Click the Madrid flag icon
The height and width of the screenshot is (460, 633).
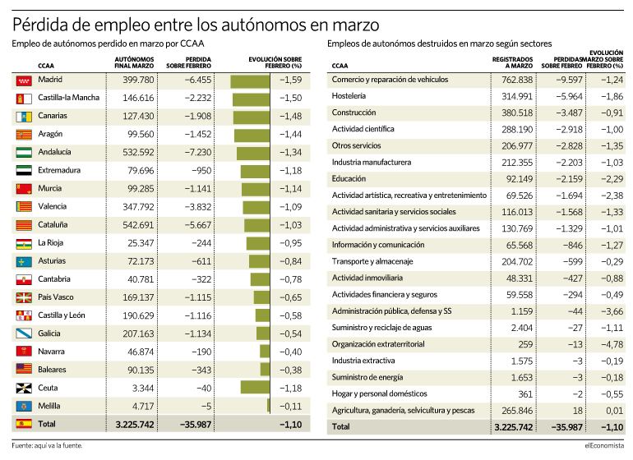[x=24, y=80]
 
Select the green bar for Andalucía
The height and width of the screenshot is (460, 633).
[x=253, y=154]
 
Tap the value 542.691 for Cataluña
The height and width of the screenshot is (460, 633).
[x=138, y=225]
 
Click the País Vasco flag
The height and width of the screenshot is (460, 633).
[x=24, y=298]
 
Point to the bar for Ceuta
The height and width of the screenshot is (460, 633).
[x=255, y=387]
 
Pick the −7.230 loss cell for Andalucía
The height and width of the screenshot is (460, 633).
[x=198, y=153]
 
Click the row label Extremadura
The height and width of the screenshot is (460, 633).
[x=59, y=170]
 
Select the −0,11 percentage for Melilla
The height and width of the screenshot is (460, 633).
[x=290, y=407]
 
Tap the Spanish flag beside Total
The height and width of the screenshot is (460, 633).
[x=24, y=424]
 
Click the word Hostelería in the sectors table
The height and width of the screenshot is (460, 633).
[x=349, y=96]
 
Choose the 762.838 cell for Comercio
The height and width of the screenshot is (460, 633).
[x=517, y=80]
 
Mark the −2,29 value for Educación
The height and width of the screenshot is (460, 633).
[x=612, y=179]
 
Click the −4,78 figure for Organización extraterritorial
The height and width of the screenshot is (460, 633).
[x=612, y=345]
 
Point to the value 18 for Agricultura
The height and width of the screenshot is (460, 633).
[x=578, y=411]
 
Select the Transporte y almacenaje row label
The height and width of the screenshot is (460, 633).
[x=372, y=261]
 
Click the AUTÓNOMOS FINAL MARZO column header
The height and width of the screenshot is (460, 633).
[x=134, y=62]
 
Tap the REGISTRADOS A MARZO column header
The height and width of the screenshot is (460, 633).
[x=512, y=62]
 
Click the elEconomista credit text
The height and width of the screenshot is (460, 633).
[x=604, y=445]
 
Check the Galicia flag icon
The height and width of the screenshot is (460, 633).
[x=24, y=333]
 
